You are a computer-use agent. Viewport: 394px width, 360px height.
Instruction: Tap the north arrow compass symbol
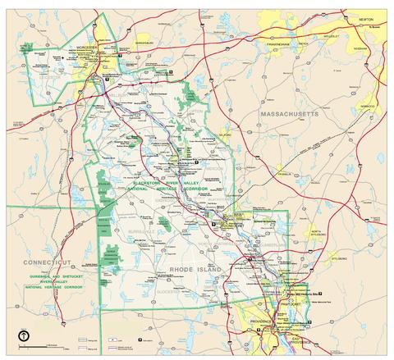click(25, 334)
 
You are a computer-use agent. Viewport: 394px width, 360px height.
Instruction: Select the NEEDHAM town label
click(360, 49)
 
